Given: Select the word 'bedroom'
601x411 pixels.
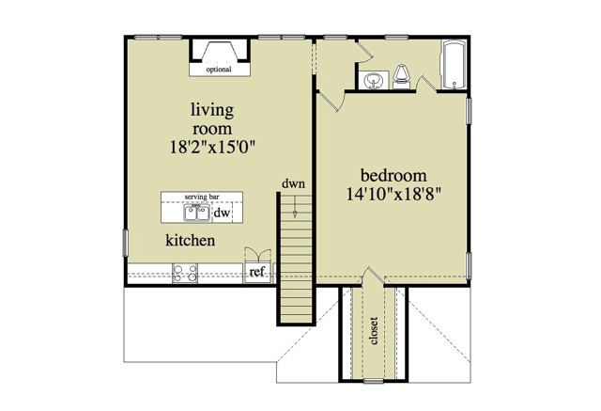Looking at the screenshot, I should coord(394,176).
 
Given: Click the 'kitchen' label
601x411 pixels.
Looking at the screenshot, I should coord(192,241).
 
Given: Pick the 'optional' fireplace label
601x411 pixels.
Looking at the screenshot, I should coord(218,70).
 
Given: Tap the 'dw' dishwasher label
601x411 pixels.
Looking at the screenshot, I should coord(223,213).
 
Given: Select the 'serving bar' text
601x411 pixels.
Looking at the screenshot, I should coord(202,197).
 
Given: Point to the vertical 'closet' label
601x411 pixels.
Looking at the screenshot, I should coord(374,330).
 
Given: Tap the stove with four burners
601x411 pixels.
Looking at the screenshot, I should coord(185,273).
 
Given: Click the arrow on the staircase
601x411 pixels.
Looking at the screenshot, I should coord(295,212).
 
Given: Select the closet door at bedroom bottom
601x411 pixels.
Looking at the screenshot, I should coord(374,279).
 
